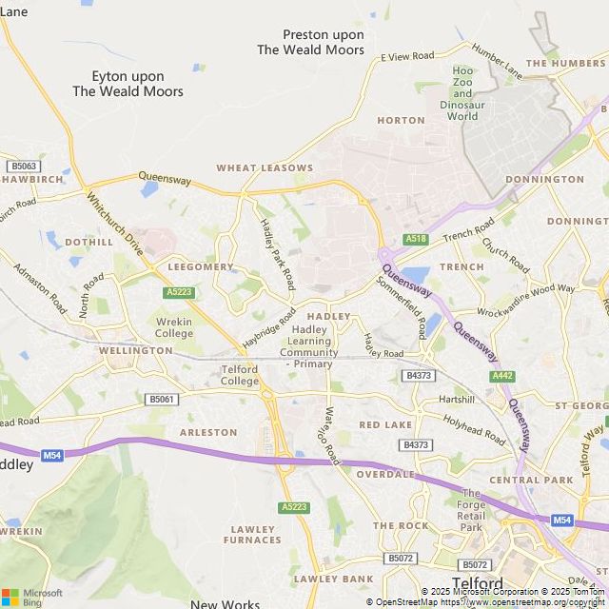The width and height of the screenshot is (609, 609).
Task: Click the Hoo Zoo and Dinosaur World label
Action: coord(462,93)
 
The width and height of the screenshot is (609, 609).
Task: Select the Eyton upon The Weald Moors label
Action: coord(128,84)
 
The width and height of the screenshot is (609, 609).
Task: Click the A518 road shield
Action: coord(415,240)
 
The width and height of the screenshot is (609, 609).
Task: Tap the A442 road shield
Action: coord(502,376)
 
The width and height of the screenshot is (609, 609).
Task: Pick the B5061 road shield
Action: coord(162,400)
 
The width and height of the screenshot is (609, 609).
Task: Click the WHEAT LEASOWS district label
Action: coord(265,167)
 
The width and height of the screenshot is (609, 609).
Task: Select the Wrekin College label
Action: coord(174,328)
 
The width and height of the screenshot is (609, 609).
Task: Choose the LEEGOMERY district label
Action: coord(200,267)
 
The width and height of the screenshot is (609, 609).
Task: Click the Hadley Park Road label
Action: coord(278,254)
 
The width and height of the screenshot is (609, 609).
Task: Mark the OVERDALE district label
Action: coord(385,474)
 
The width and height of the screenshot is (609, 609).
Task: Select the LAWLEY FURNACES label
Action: coord(252,535)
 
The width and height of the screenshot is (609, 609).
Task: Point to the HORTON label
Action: coord(401,121)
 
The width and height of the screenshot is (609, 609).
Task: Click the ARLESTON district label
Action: coord(208,432)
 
